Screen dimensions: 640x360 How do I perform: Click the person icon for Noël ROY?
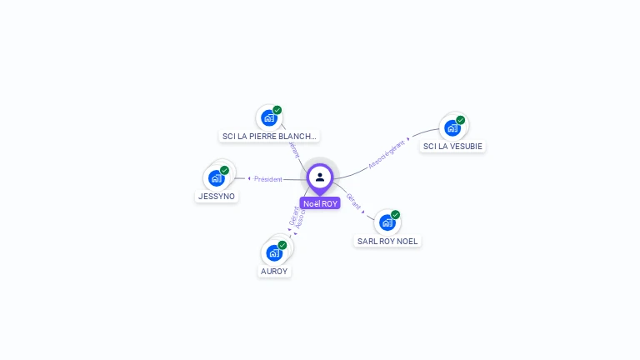point(320,177)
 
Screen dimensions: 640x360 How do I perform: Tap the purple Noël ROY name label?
point(320,203)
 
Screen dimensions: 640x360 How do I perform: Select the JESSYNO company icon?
point(216,177)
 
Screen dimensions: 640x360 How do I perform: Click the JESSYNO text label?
point(216,197)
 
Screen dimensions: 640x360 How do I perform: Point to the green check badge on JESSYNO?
point(224,170)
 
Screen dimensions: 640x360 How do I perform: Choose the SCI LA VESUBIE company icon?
point(452,127)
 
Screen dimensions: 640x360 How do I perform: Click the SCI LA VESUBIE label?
point(452,147)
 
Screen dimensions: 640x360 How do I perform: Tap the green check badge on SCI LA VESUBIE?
point(460,120)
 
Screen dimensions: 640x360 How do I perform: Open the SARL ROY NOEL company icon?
point(387,222)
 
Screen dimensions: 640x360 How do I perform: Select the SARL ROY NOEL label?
point(387,242)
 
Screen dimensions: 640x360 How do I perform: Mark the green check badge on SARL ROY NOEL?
point(395,215)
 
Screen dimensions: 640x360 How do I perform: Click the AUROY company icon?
point(274,252)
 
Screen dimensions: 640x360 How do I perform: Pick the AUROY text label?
point(274,272)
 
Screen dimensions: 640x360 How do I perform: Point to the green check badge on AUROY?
point(282,245)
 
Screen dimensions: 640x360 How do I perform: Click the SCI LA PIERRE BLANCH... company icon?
point(268,117)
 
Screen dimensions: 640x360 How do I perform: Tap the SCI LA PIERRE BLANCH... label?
point(269,137)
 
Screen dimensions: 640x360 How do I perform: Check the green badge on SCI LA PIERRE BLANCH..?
point(277,110)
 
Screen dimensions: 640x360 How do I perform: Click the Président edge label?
point(267,179)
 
